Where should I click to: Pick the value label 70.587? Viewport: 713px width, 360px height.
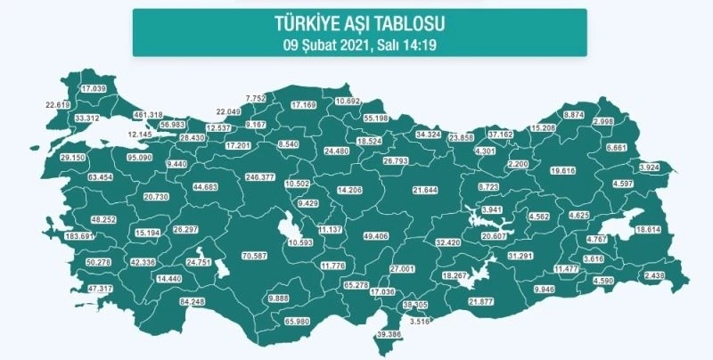[256, 257]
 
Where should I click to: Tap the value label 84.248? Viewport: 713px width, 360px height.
[193, 302]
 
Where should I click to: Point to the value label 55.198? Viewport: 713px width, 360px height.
[380, 118]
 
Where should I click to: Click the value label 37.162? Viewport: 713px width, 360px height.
[501, 134]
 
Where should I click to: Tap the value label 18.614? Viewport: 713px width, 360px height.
[647, 229]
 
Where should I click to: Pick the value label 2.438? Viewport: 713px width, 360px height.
[654, 277]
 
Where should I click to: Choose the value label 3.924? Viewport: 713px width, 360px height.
[651, 167]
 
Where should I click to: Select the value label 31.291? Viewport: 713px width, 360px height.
[520, 257]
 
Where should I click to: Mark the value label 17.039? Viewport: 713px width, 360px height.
[94, 89]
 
